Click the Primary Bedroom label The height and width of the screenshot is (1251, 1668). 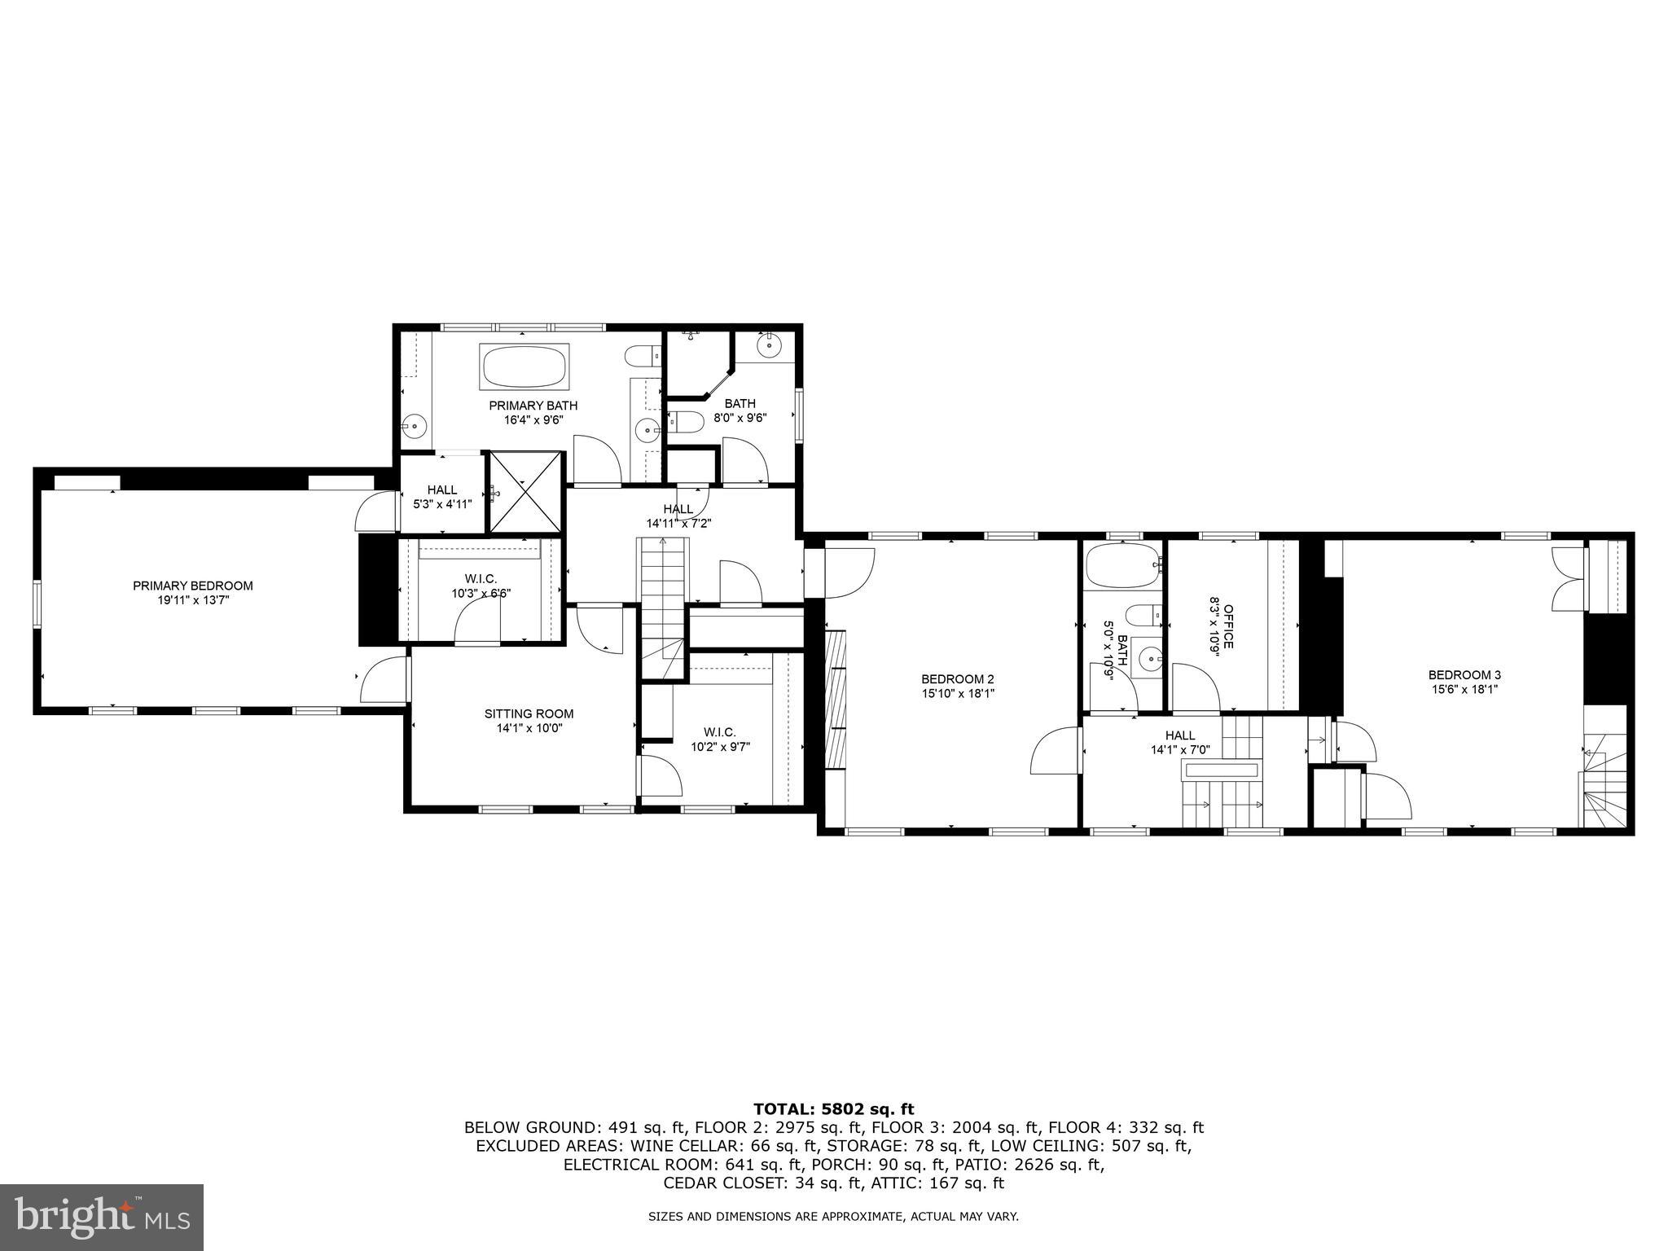tap(193, 586)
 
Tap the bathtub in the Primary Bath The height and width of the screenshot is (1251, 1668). tap(525, 367)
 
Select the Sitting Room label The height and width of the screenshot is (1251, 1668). tap(529, 714)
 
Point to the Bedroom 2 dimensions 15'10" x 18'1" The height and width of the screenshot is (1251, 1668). tap(958, 694)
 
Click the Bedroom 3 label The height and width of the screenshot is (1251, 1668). tap(1464, 674)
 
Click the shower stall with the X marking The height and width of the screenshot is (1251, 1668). tap(525, 493)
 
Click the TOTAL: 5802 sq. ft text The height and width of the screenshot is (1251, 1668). tap(833, 1108)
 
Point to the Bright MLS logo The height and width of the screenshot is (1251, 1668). tap(102, 1217)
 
